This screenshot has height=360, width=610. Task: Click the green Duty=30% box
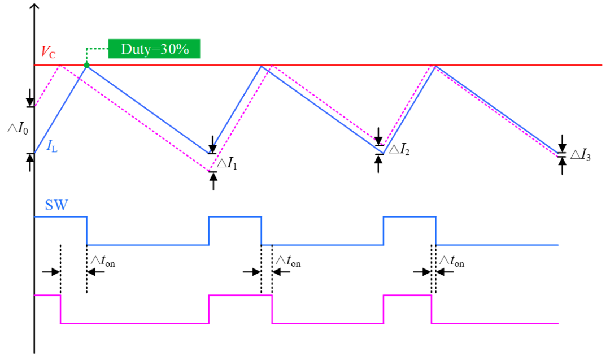coord(154,49)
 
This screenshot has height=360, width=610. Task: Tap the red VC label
coord(48,52)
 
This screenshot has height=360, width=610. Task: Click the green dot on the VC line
coord(87,65)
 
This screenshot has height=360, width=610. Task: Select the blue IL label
coord(52,146)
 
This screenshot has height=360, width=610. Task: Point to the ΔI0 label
coord(18,128)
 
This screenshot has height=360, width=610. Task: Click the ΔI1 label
coord(226,163)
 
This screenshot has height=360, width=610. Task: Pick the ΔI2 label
coord(399,149)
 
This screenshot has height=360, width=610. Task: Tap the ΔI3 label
coord(581,155)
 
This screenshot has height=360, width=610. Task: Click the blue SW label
coord(56,205)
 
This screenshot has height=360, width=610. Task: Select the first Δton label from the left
coord(103,261)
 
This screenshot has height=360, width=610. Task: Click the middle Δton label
coord(288,261)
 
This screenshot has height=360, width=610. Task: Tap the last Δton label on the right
coord(452,261)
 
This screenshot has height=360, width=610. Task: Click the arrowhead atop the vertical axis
coord(34,6)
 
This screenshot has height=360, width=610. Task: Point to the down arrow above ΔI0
coord(30,98)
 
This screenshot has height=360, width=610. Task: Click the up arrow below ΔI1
coord(213,181)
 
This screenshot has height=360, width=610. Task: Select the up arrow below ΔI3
coord(562,166)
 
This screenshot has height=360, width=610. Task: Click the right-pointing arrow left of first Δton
coord(51,272)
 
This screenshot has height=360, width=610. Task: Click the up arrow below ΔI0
coord(30,162)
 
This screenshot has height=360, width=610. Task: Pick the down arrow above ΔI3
coord(562,144)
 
